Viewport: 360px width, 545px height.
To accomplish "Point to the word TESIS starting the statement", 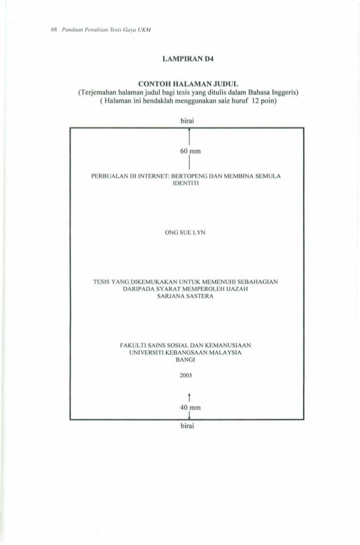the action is pos(107,281).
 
